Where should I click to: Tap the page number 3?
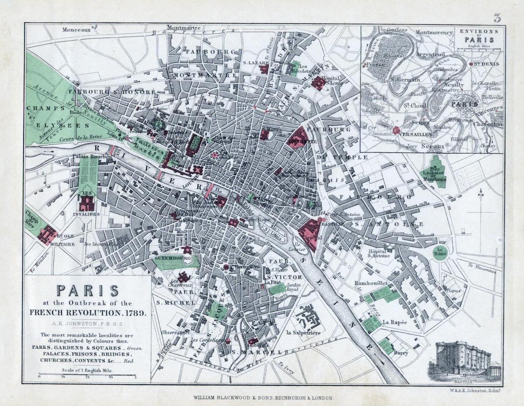point(497,18)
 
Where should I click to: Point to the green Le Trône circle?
point(439,252)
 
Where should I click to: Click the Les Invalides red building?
point(86,203)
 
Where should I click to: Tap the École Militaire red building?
point(47,234)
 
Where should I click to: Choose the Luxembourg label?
point(173,258)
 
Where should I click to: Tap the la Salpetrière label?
point(303,333)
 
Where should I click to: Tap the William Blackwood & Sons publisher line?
point(263,398)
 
